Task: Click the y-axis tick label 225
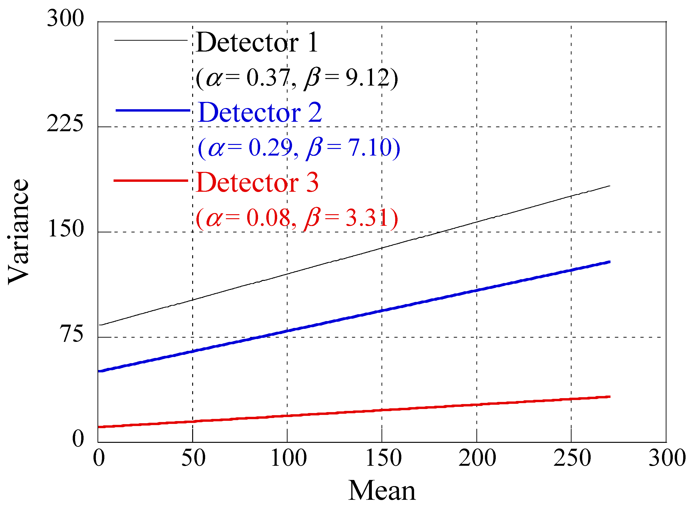pos(65,124)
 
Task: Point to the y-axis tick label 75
pos(72,334)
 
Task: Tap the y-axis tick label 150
pos(66,229)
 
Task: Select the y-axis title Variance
pos(18,232)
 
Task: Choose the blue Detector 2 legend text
pos(259,113)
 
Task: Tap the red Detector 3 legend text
pos(257,183)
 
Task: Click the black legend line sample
pos(151,40)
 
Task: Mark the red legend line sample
pos(151,181)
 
